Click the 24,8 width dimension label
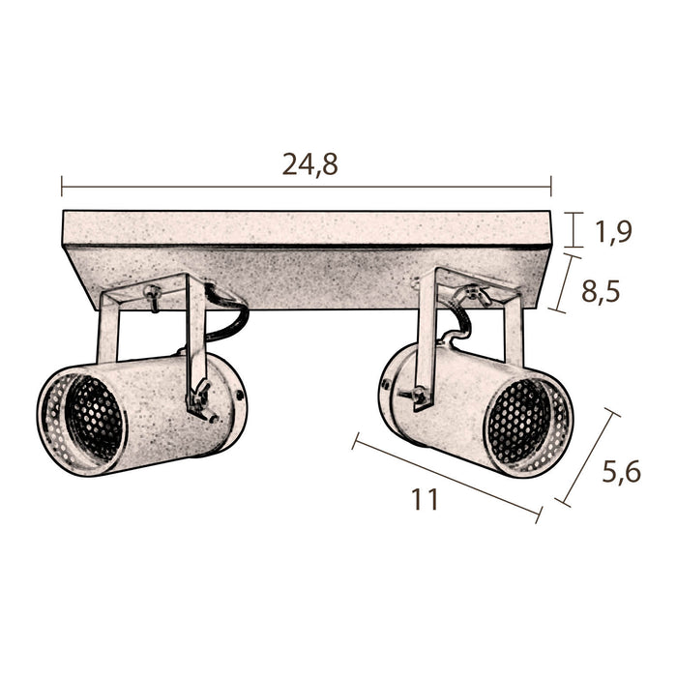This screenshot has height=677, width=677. tap(310, 164)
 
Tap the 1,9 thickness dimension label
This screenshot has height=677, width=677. tap(613, 232)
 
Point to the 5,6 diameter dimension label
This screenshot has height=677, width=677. tap(621, 472)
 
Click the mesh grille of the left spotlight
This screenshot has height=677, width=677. tap(93, 418)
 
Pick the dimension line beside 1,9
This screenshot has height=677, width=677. tap(574, 230)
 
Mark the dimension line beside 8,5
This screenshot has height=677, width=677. tap(565, 283)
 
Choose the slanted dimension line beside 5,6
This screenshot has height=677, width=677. tap(587, 457)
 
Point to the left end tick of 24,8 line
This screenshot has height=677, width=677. tap(62, 187)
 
